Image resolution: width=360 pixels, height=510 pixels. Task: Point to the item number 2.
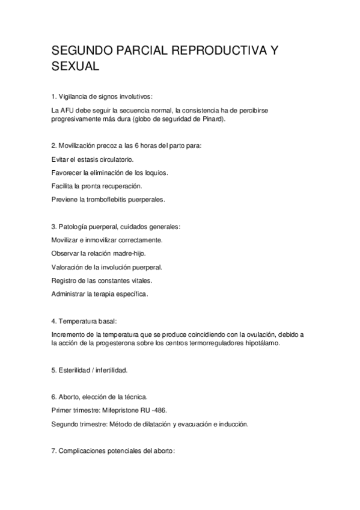(x=54, y=146)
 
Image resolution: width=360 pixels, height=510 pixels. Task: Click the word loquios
(x=154, y=173)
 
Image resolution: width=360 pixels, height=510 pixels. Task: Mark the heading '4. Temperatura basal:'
(x=88, y=322)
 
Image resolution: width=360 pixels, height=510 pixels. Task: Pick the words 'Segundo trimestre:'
(x=78, y=423)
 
